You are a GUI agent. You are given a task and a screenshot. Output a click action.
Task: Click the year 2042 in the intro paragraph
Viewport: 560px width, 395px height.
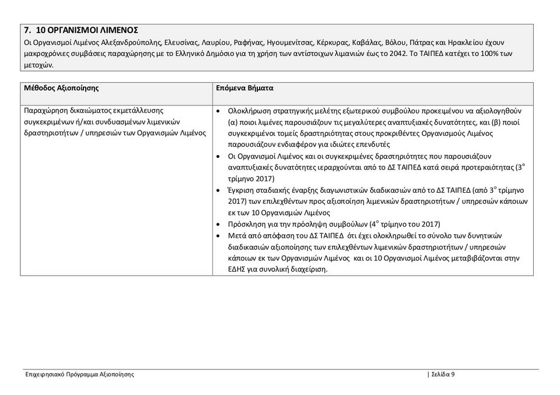pos(398,54)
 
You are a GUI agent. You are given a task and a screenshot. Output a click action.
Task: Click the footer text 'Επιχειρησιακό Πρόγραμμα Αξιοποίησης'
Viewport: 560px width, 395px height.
pos(79,375)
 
